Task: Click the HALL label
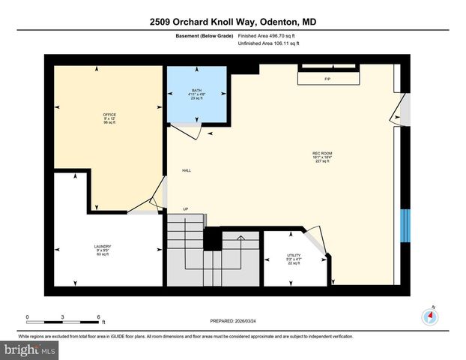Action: click(187, 171)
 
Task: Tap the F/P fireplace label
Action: click(327, 79)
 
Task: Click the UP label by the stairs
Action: click(185, 209)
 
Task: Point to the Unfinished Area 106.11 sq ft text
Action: click(268, 43)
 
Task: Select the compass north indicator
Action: click(430, 314)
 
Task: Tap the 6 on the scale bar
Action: click(98, 316)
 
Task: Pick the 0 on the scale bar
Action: click(28, 316)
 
